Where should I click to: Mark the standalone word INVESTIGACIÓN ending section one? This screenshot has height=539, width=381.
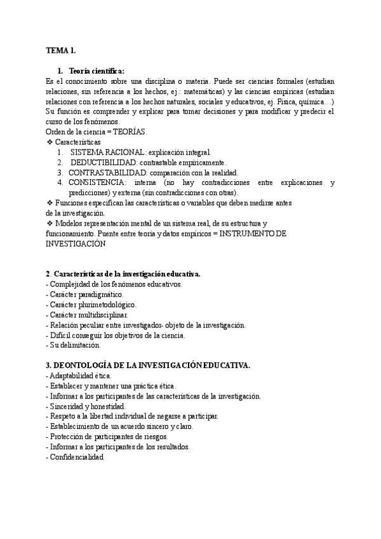(x=75, y=244)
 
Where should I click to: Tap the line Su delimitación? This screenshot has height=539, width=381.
(x=74, y=346)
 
